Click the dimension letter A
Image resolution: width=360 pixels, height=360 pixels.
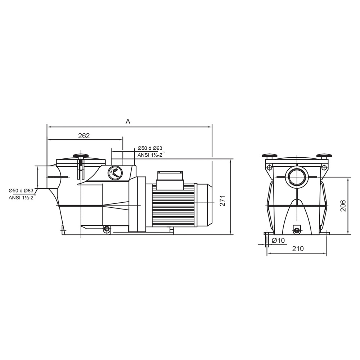128,122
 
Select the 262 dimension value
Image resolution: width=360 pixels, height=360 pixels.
84,136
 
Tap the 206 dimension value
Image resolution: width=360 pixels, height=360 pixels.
343,206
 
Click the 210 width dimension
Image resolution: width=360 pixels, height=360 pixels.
298,248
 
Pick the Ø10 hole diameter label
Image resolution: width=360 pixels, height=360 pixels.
278,240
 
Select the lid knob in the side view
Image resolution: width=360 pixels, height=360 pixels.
80,156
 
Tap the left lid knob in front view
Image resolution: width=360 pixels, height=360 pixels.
269,156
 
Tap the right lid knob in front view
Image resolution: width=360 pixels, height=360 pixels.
323,156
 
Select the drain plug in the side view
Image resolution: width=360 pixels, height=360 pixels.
106,229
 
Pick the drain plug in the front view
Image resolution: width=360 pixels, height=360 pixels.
296,230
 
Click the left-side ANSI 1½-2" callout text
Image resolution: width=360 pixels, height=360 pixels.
22,198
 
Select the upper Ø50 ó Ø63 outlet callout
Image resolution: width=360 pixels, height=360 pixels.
150,148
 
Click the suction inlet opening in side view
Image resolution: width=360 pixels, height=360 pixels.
51,177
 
